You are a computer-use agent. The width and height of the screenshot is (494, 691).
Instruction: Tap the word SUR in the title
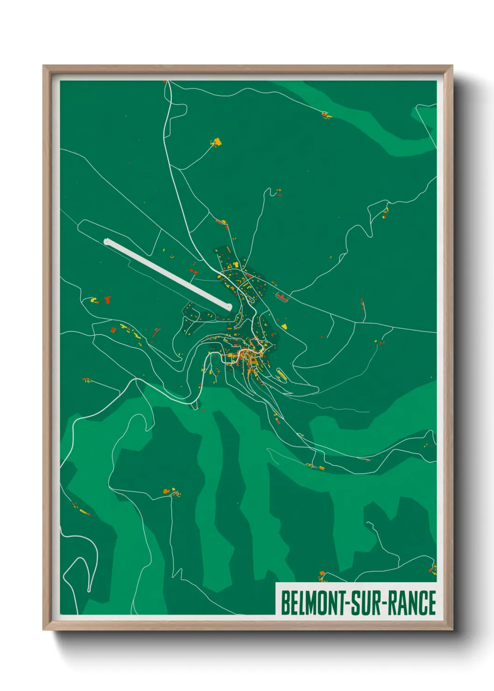click(x=365, y=603)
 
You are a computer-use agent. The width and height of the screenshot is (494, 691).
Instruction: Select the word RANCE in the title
click(x=411, y=603)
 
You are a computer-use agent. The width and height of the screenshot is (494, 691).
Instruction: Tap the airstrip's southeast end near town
click(x=228, y=307)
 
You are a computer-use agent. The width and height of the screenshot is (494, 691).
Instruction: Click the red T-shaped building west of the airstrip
click(x=108, y=299)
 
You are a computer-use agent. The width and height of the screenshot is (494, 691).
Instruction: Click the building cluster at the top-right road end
click(x=325, y=114)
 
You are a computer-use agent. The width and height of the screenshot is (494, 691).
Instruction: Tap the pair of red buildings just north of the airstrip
click(x=193, y=271)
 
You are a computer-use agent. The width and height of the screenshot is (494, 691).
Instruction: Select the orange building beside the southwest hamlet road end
click(x=165, y=491)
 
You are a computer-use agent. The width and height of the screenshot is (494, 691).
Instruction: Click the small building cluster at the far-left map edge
click(x=86, y=381)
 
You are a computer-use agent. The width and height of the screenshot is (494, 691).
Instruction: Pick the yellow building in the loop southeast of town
click(x=281, y=374)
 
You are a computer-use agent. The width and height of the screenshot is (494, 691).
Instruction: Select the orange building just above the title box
click(x=322, y=573)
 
